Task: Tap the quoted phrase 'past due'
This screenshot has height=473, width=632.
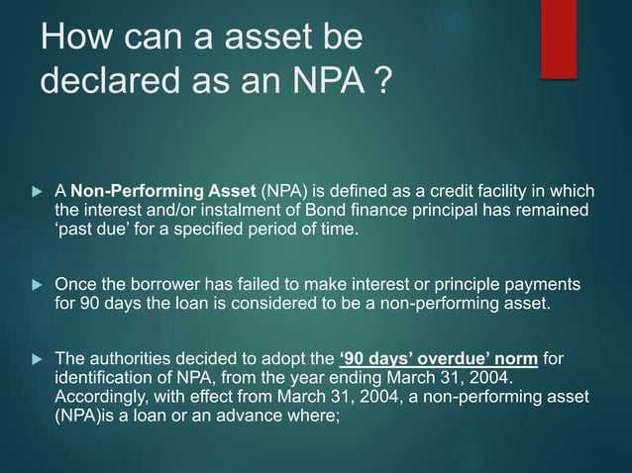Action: tap(94, 231)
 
